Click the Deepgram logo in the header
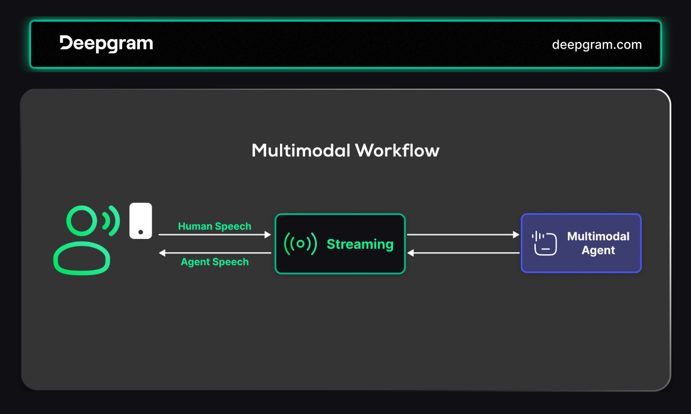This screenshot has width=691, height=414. [x=106, y=44]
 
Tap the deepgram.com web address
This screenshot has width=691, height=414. [x=597, y=45]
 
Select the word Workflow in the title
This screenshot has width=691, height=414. [x=397, y=151]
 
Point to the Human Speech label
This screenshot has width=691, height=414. [x=215, y=226]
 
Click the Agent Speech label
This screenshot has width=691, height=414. [x=215, y=262]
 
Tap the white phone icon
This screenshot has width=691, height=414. [x=141, y=221]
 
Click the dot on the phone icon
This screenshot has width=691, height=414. [x=141, y=232]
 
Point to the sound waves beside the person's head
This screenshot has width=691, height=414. [x=111, y=221]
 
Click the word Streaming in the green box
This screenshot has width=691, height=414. [x=360, y=244]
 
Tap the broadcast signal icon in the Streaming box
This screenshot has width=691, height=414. [x=300, y=244]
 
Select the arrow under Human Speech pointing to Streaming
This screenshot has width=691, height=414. [x=215, y=235]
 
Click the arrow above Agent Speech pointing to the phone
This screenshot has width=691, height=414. [x=215, y=253]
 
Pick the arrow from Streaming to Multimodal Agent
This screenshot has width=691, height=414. [x=463, y=235]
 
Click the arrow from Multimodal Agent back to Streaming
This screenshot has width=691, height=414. [x=463, y=253]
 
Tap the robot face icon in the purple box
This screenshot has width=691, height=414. [x=544, y=243]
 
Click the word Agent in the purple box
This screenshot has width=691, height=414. [x=598, y=250]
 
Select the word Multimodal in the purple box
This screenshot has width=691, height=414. [x=598, y=236]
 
